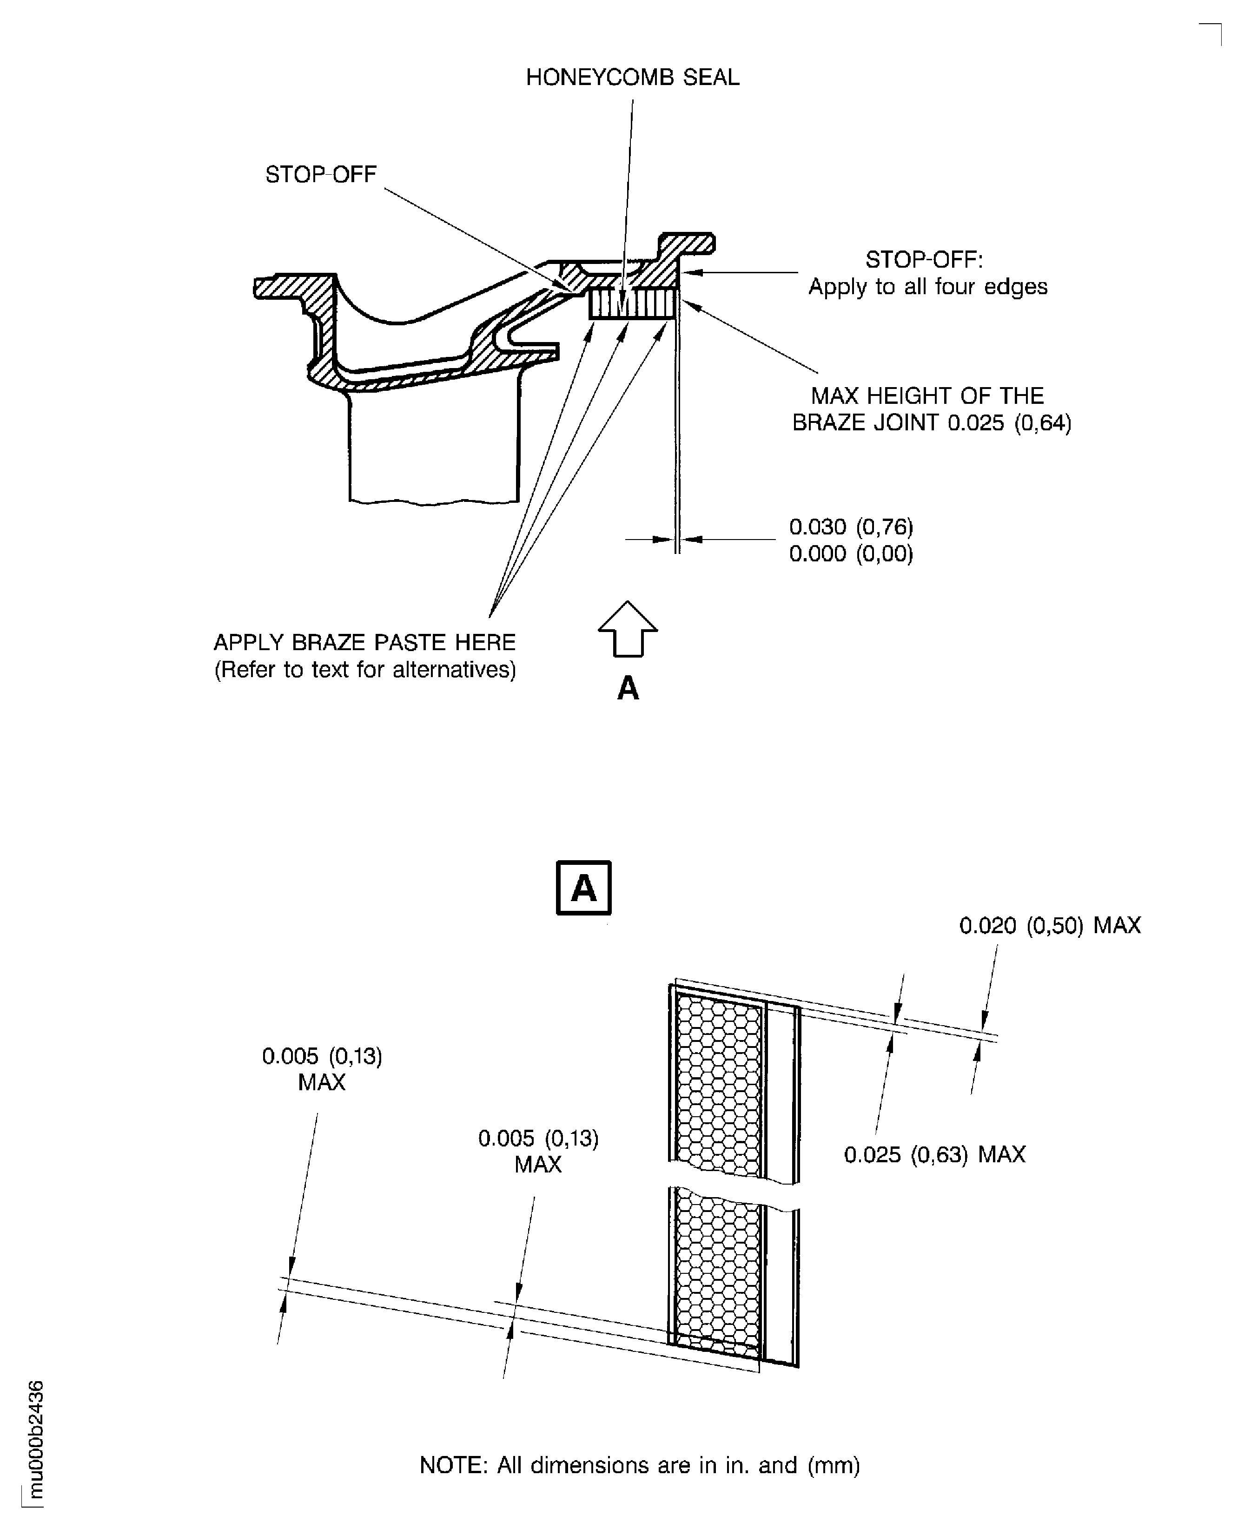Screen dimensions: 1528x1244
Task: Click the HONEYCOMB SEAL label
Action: (x=632, y=77)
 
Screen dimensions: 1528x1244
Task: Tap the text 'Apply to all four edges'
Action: (x=927, y=287)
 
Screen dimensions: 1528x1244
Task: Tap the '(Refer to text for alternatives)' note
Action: (x=365, y=670)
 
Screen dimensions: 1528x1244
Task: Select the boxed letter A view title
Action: (x=583, y=888)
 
